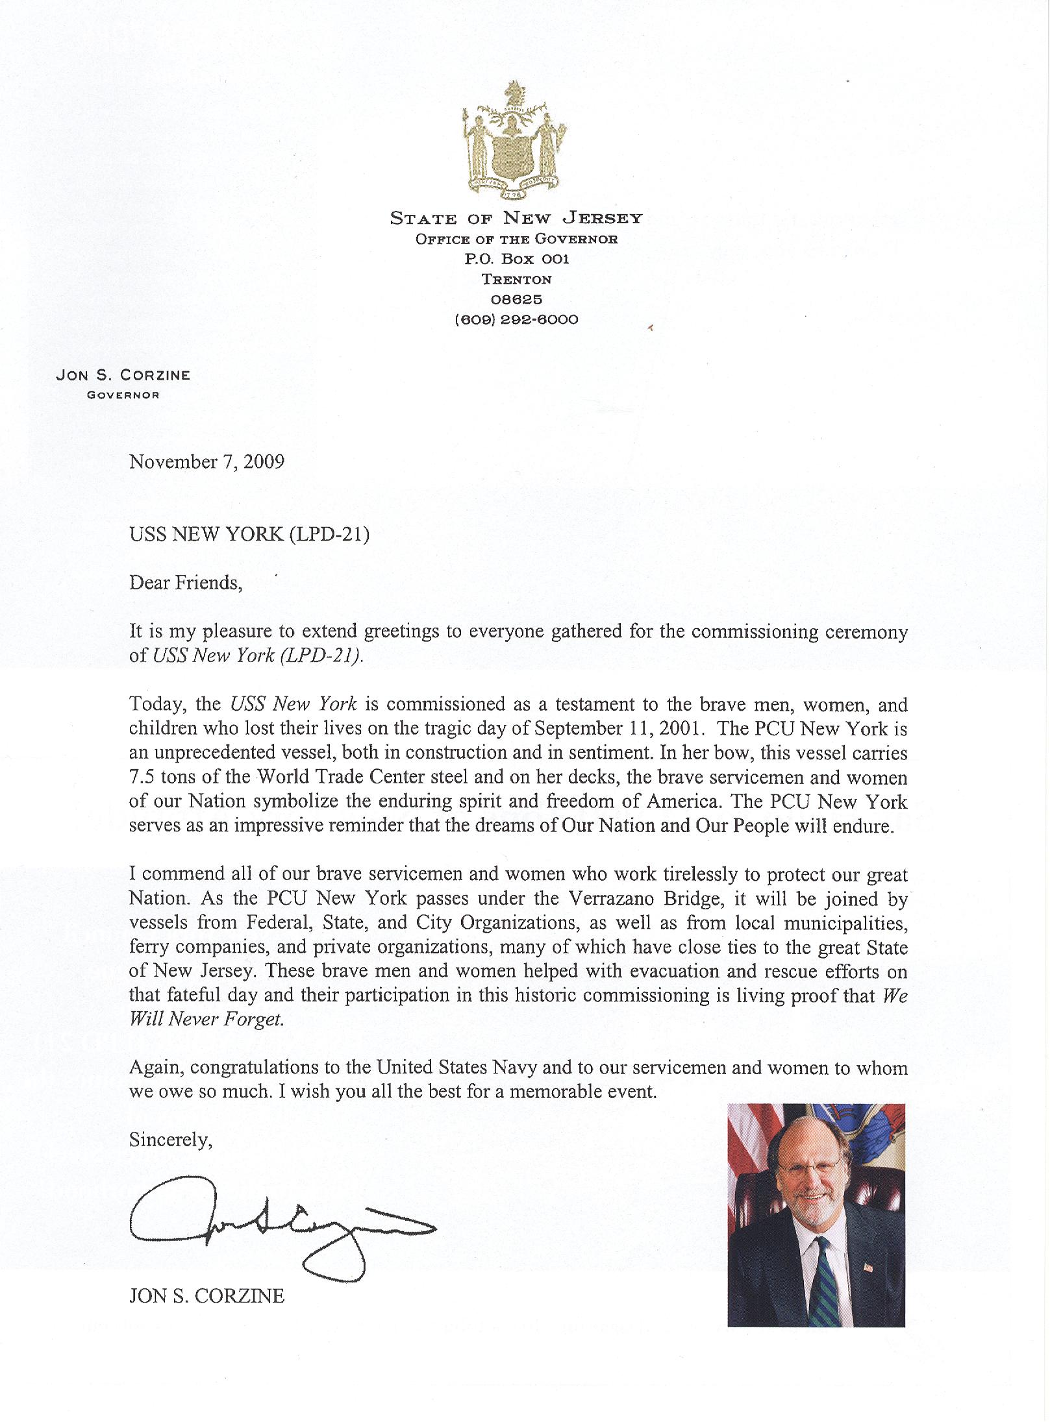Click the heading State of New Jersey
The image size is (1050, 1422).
[x=516, y=219]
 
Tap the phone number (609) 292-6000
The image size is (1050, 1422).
[x=516, y=319]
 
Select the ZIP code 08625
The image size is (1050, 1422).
[x=516, y=299]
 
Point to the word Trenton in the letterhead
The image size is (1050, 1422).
[x=516, y=279]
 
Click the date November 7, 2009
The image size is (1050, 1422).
[x=206, y=462]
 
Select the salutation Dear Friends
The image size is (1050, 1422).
[x=186, y=583]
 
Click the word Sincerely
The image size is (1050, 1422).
[x=170, y=1140]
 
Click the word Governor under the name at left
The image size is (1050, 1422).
[x=123, y=395]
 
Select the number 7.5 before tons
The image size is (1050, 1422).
[x=142, y=778]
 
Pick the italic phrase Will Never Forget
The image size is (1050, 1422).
[x=206, y=1020]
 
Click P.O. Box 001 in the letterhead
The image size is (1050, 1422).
[x=516, y=259]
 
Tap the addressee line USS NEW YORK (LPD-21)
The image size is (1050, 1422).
[x=249, y=535]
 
